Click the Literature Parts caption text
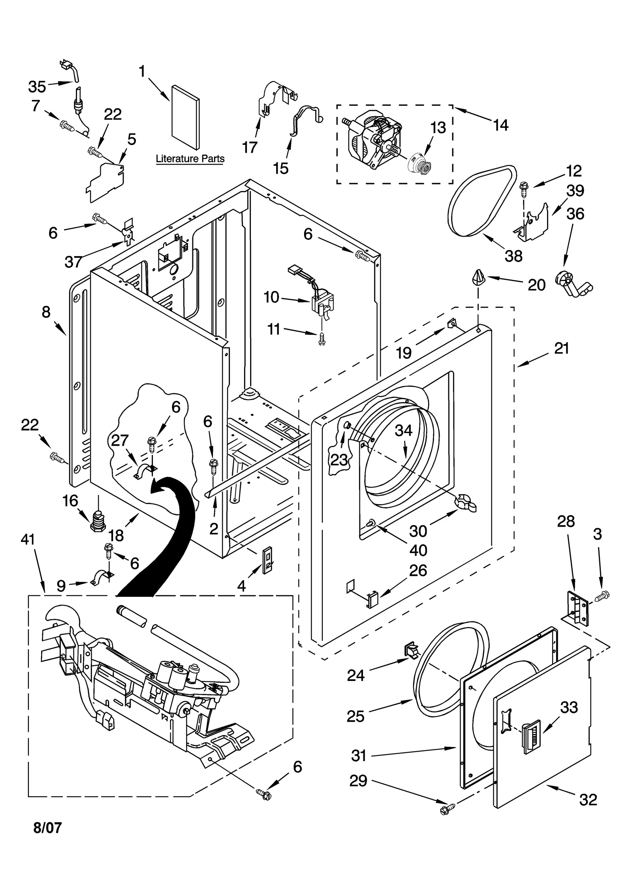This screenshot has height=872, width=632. click(190, 159)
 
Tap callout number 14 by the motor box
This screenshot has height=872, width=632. click(500, 126)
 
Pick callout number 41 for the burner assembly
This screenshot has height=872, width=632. click(28, 539)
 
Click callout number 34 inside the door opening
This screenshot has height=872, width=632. click(404, 430)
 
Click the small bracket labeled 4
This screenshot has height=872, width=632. click(267, 560)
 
